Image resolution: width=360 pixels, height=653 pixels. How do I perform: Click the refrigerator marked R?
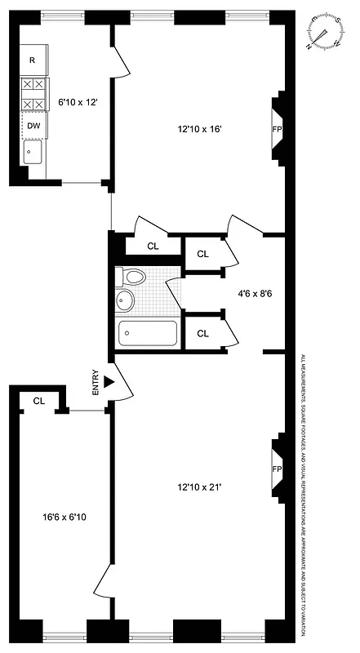(33, 60)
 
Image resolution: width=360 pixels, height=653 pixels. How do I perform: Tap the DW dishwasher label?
(33, 126)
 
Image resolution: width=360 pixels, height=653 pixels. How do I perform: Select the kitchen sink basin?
(32, 152)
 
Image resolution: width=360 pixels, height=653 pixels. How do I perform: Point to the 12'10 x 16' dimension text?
(200, 128)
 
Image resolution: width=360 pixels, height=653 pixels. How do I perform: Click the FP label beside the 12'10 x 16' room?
(276, 129)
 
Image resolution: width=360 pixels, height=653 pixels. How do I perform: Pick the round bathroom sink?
(126, 300)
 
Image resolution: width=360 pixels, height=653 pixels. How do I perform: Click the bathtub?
(148, 334)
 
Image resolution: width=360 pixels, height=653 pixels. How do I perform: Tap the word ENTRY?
(96, 384)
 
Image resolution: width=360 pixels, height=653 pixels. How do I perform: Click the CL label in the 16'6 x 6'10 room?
(39, 401)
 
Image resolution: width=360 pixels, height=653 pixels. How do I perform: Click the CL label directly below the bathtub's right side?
(202, 332)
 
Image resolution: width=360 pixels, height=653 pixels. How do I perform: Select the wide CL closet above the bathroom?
(153, 246)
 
